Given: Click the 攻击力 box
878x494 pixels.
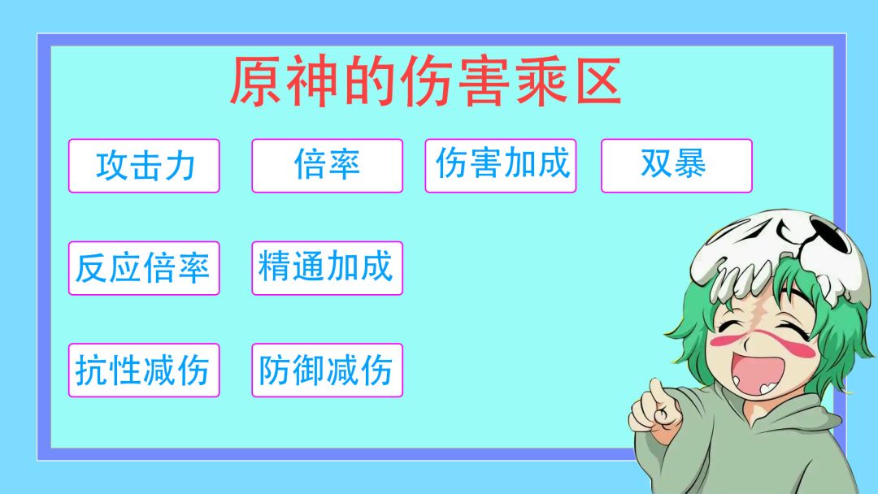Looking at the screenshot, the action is (x=144, y=166).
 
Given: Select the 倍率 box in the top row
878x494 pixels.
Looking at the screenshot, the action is (x=327, y=166).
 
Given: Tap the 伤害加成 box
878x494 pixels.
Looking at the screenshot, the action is (x=501, y=166).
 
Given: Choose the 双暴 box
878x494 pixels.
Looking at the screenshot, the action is (x=676, y=166).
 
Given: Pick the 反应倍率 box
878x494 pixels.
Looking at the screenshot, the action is (x=144, y=268).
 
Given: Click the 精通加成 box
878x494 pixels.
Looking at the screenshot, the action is (x=327, y=268).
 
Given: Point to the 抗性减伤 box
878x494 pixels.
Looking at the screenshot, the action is (x=144, y=370).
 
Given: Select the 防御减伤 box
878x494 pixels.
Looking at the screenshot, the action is (x=327, y=370).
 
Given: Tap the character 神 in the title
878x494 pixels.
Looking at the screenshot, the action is (x=312, y=81).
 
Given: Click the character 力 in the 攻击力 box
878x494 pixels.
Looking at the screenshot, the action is (x=180, y=167).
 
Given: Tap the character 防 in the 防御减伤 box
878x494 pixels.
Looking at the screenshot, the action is (x=274, y=370).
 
